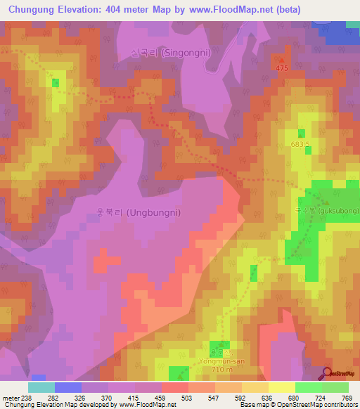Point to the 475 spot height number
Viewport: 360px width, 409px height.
coord(283,67)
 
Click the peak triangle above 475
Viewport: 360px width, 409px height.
coord(283,59)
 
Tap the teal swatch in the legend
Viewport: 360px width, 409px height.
coord(41,387)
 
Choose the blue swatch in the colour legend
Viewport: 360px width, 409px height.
coord(68,387)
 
